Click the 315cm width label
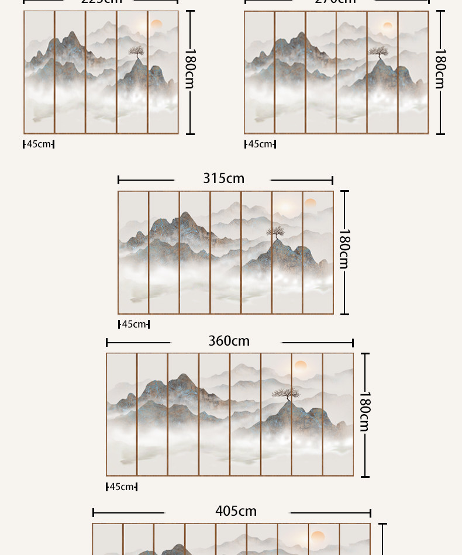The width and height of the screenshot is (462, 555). pos(223,178)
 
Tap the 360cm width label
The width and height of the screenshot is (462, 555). pos(229,341)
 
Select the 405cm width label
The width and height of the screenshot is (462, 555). pos(236,511)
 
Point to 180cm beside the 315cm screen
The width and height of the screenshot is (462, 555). pos(344,249)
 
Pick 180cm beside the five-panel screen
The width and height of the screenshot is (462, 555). pos(190,69)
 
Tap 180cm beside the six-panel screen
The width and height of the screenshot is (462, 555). pos(440,69)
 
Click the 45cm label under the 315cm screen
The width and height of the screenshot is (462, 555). pos(134,324)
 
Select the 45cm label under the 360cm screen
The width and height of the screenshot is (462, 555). pos(122,487)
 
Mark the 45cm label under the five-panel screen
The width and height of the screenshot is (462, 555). pos(39,144)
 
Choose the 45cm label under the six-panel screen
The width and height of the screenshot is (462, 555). pos(260,144)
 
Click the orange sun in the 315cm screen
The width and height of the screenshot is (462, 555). pos(310,203)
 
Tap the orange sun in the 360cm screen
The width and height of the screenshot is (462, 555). pos(301,366)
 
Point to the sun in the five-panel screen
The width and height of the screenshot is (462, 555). pos(156,24)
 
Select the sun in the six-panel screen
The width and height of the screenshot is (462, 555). pos(387,26)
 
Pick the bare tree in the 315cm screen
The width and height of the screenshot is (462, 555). pos(275,233)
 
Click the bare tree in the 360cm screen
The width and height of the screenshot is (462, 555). pos(286,394)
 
